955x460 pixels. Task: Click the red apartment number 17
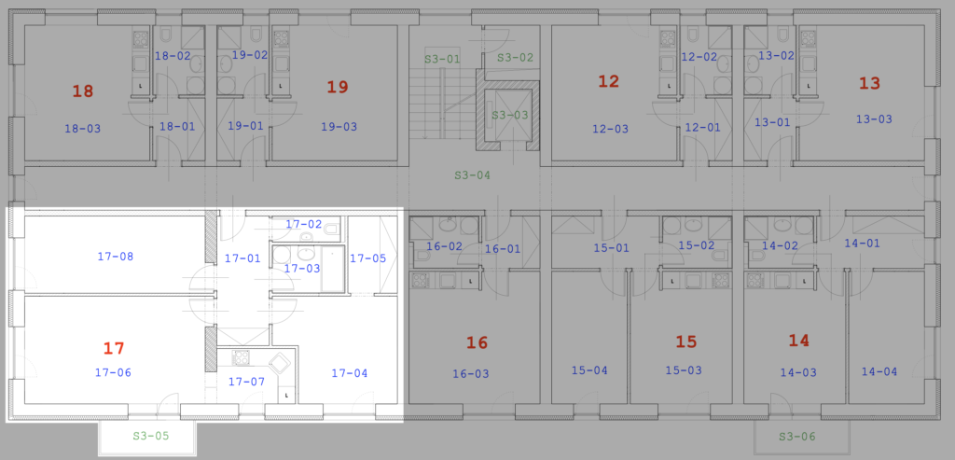pyautogui.click(x=114, y=349)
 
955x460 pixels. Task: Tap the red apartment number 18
pyautogui.click(x=83, y=91)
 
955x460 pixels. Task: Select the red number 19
pyautogui.click(x=338, y=87)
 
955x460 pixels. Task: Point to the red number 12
pyautogui.click(x=608, y=81)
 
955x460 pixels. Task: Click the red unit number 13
pyautogui.click(x=870, y=83)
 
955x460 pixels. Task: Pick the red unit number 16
pyautogui.click(x=477, y=343)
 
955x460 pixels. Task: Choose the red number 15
pyautogui.click(x=686, y=342)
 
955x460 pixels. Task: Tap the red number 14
pyautogui.click(x=798, y=341)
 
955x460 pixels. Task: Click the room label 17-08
pyautogui.click(x=115, y=257)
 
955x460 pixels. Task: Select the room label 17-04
pyautogui.click(x=350, y=373)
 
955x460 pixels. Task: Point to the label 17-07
pyautogui.click(x=246, y=382)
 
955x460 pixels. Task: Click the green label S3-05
pyautogui.click(x=151, y=437)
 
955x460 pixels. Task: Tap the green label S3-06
pyautogui.click(x=797, y=437)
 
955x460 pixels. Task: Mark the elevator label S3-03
pyautogui.click(x=510, y=115)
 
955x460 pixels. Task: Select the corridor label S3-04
pyautogui.click(x=472, y=175)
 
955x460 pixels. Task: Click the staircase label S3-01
pyautogui.click(x=442, y=59)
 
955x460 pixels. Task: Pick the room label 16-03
pyautogui.click(x=471, y=373)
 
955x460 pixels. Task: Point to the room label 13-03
pyautogui.click(x=874, y=119)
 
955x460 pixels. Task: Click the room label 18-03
pyautogui.click(x=83, y=129)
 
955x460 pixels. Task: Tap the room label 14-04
pyautogui.click(x=879, y=371)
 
